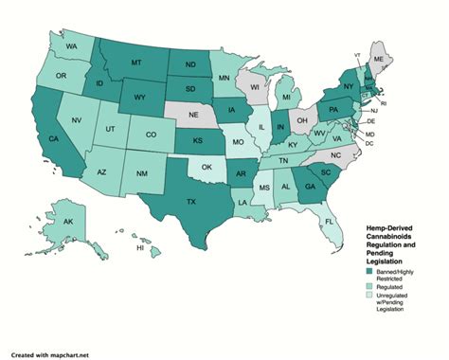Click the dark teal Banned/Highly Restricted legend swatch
click(x=369, y=272)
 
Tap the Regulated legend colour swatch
click(x=369, y=285)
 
